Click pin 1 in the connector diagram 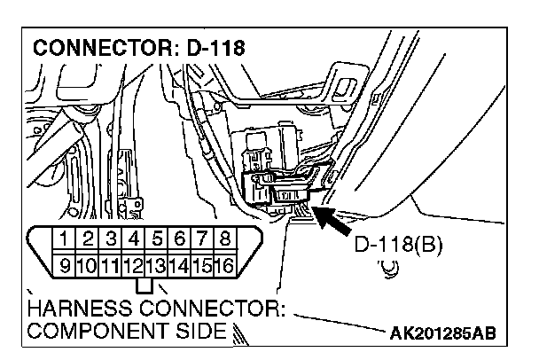click(x=65, y=239)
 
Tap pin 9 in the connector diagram click(x=65, y=263)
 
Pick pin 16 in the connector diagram click(x=224, y=263)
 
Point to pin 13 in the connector click(x=156, y=263)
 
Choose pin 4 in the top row click(x=133, y=239)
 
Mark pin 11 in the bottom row click(x=110, y=263)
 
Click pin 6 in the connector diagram click(x=179, y=239)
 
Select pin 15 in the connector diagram click(x=201, y=263)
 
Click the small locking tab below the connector click(x=145, y=286)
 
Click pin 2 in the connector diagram click(x=88, y=239)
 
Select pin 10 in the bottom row click(x=87, y=263)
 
